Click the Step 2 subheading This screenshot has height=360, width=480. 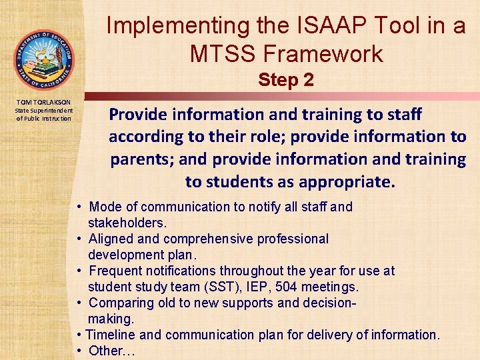click(x=286, y=81)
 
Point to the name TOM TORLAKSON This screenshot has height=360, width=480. click(x=43, y=101)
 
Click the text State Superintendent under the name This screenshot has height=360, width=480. click(x=43, y=110)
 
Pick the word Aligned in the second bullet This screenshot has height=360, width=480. click(x=111, y=239)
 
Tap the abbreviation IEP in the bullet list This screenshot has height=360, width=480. click(x=238, y=287)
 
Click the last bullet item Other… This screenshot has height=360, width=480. click(x=111, y=351)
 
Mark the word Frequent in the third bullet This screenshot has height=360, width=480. click(x=115, y=271)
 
